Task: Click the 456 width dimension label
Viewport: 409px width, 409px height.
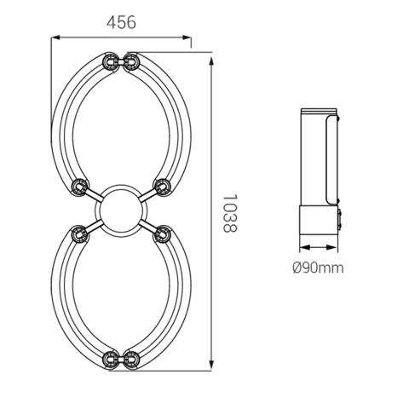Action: click(121, 23)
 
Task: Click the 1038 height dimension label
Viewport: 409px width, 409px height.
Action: click(229, 213)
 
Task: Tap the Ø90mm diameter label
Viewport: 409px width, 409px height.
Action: click(318, 268)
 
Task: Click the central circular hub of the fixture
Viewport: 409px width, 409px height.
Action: click(121, 210)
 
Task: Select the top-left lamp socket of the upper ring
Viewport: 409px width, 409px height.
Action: click(110, 61)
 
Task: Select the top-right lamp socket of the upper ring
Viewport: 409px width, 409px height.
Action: click(131, 61)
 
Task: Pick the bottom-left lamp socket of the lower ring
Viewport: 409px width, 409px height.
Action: click(110, 360)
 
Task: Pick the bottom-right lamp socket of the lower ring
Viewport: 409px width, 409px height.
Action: click(131, 360)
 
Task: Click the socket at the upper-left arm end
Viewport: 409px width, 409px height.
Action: click(79, 186)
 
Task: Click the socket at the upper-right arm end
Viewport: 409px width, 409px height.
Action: click(162, 186)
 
